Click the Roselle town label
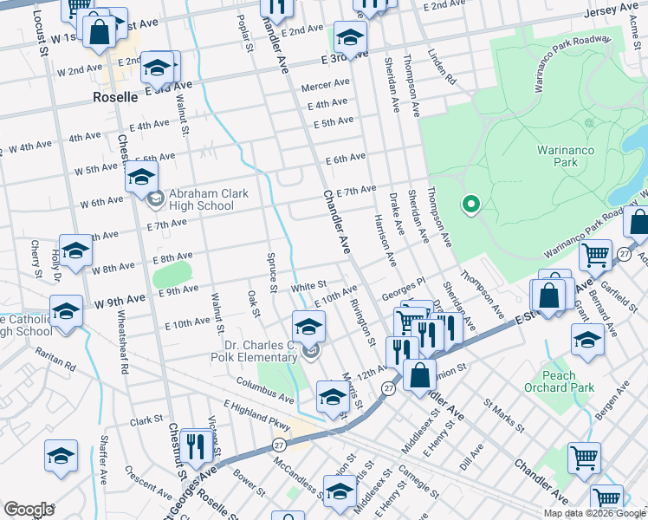[115, 98]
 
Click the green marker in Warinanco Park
[471, 205]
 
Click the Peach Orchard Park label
[571, 381]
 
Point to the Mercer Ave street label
[325, 87]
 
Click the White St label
[308, 285]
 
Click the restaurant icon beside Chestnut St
[195, 445]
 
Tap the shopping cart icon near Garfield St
[596, 255]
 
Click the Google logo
[29, 510]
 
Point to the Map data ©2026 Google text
[594, 513]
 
